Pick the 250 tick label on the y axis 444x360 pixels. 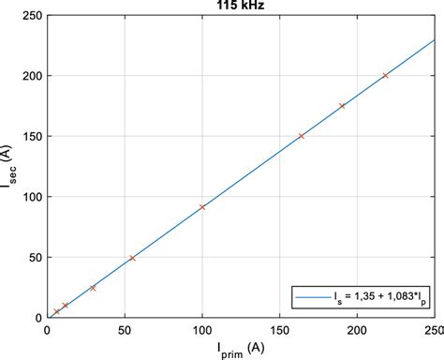coord(30,15)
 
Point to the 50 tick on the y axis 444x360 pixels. coord(34,258)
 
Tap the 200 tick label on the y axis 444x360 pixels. coord(30,76)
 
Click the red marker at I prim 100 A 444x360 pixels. coord(202,206)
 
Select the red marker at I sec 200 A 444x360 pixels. coord(385,75)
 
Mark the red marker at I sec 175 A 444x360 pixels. coord(342,106)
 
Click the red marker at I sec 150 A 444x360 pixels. coord(301,136)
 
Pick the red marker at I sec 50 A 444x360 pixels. coord(132,258)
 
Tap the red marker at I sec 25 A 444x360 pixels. coord(93,288)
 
